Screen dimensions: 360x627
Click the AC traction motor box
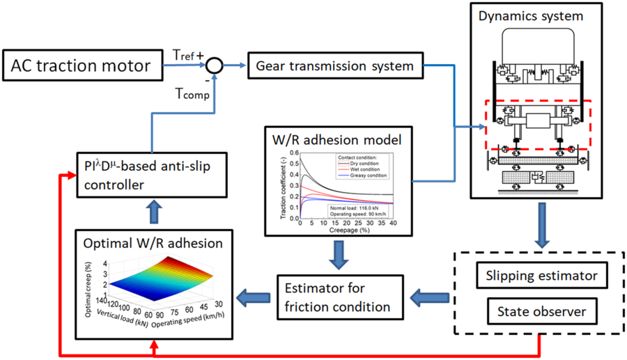(82, 67)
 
